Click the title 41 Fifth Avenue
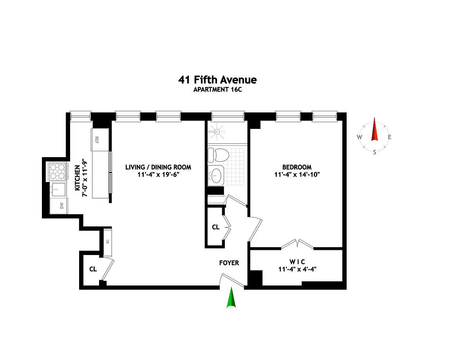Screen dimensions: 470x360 pyautogui.click(x=217, y=80)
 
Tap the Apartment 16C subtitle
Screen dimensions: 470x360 pyautogui.click(x=217, y=90)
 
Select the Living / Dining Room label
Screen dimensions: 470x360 pyautogui.click(x=158, y=167)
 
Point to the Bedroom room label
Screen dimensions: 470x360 pyautogui.click(x=297, y=167)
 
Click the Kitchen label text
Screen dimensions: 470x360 pyautogui.click(x=77, y=178)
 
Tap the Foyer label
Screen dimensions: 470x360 pyautogui.click(x=229, y=263)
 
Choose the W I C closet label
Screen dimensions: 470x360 pyautogui.click(x=297, y=262)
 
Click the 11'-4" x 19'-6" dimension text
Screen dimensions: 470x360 pyautogui.click(x=158, y=174)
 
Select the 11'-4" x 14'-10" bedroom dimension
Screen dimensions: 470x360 pyautogui.click(x=297, y=174)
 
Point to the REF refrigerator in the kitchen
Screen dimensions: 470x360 pyautogui.click(x=100, y=140)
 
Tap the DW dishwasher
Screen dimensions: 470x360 pyautogui.click(x=59, y=206)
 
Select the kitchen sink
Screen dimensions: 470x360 pyautogui.click(x=58, y=190)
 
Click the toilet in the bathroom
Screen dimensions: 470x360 pyautogui.click(x=219, y=155)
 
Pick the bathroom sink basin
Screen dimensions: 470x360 pyautogui.click(x=216, y=175)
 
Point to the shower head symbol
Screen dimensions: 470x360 pyautogui.click(x=217, y=132)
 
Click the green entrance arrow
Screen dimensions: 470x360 pyautogui.click(x=231, y=297)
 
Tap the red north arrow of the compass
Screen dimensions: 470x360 pyautogui.click(x=374, y=129)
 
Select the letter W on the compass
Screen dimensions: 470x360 pyautogui.click(x=359, y=137)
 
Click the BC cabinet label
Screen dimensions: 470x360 pyautogui.click(x=108, y=241)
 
